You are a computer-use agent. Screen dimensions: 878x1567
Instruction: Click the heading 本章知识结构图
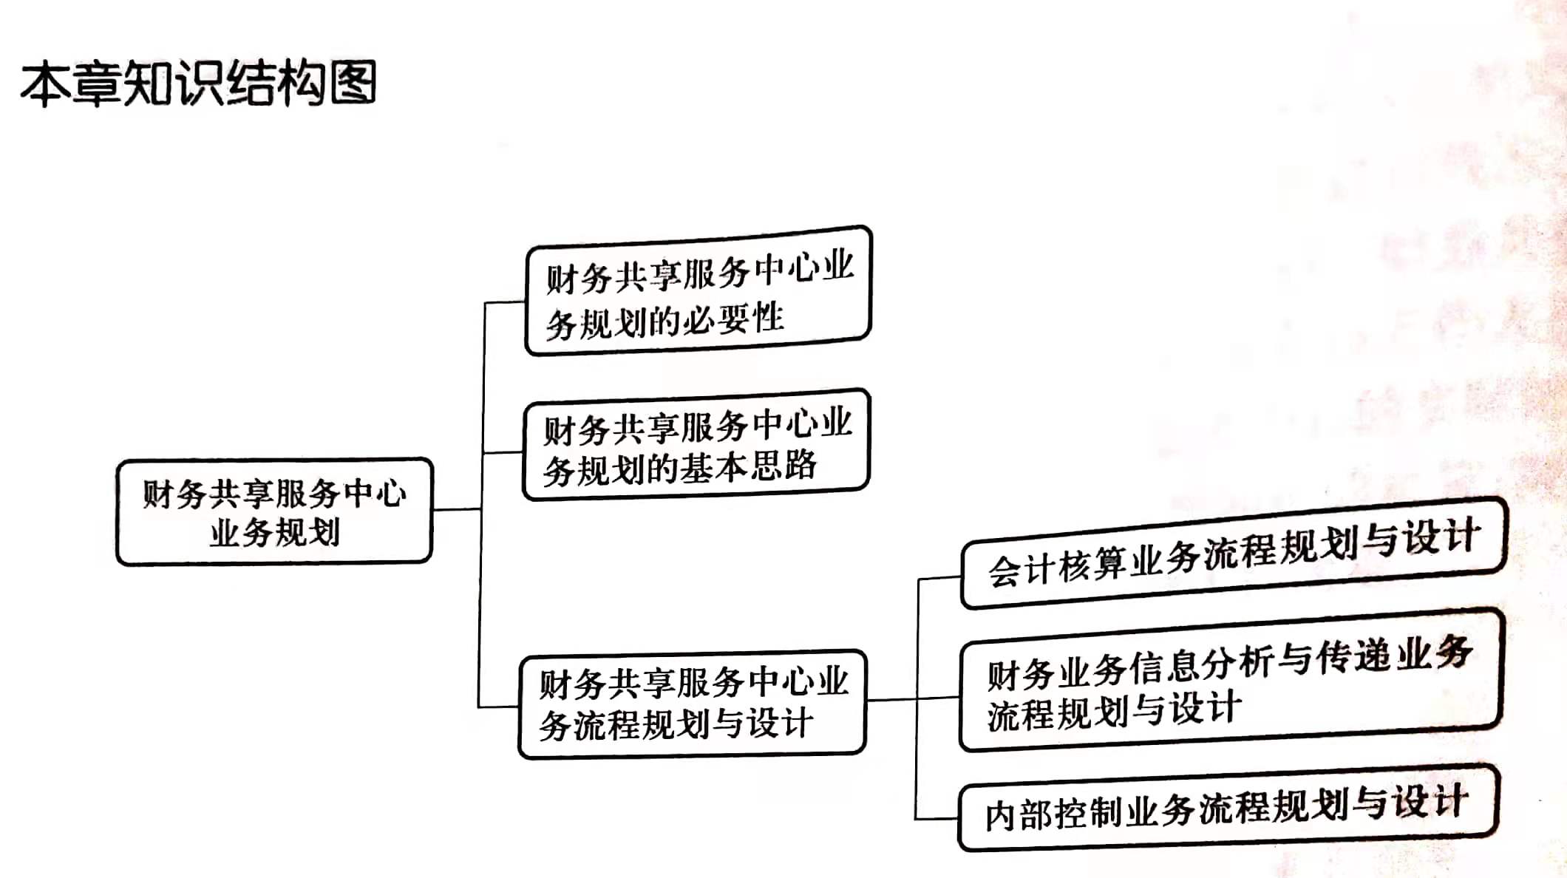[198, 83]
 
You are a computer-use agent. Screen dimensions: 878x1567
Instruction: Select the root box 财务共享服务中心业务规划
[274, 511]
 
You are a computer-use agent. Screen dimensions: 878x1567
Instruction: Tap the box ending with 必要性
[698, 291]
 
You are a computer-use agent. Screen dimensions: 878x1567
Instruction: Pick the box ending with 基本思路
[696, 445]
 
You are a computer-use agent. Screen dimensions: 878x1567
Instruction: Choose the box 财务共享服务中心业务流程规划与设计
[693, 704]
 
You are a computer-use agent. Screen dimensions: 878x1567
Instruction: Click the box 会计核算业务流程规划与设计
[1233, 554]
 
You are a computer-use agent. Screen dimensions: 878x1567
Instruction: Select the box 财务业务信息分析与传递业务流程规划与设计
[1231, 681]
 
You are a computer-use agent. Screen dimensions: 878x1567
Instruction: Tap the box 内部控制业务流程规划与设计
[1227, 808]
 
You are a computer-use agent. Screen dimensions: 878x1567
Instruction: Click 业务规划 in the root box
[275, 532]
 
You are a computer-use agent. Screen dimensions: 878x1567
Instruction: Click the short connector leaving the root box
[456, 509]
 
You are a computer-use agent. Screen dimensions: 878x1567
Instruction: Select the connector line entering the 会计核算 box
[939, 578]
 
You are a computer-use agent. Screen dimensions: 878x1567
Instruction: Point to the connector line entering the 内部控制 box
[937, 818]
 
